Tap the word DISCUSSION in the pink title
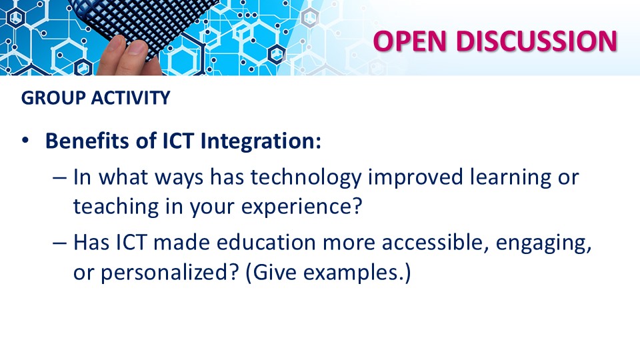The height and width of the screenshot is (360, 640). point(536,41)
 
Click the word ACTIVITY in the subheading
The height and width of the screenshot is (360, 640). point(131,98)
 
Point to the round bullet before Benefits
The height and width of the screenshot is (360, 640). point(26,141)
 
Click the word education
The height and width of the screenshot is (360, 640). point(266,243)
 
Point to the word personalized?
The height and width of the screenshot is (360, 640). point(169,273)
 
